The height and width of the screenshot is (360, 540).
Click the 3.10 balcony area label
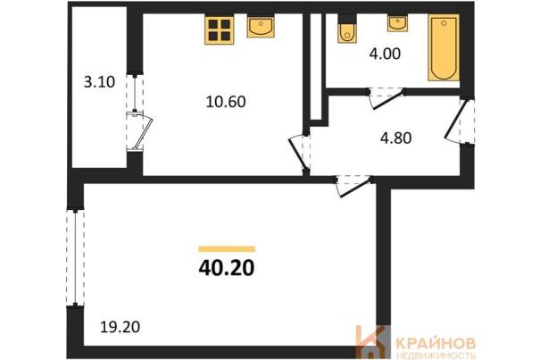click(99, 82)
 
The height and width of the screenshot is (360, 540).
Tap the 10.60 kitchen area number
click(226, 102)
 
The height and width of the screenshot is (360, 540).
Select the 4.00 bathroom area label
click(385, 54)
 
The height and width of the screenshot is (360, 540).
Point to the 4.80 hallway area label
click(395, 138)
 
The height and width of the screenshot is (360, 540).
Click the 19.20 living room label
click(120, 327)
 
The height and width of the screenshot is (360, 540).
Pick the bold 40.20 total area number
click(227, 268)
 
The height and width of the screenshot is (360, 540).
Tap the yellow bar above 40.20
click(227, 249)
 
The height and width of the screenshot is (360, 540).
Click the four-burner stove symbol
click(219, 29)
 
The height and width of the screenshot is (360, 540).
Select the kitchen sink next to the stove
click(261, 27)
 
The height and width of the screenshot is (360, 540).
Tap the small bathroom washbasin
click(397, 23)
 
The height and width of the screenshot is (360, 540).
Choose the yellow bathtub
click(444, 47)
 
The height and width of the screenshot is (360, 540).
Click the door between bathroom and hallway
click(386, 98)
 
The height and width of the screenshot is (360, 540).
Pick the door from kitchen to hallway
click(300, 152)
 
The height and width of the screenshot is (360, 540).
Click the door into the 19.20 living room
click(354, 187)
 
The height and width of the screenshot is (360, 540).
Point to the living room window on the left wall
click(75, 257)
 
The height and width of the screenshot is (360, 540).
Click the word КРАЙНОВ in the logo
click(436, 343)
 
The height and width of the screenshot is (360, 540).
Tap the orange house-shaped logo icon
click(372, 342)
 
